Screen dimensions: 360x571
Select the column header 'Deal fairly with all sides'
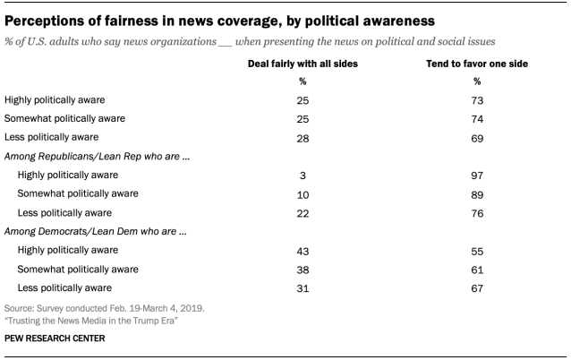click(302, 64)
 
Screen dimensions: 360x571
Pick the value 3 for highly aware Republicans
click(302, 176)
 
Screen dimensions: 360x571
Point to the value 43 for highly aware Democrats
click(302, 250)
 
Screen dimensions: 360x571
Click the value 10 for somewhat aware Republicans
click(302, 194)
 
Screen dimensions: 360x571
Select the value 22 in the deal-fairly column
click(302, 212)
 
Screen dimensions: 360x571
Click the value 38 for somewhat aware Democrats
click(302, 269)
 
